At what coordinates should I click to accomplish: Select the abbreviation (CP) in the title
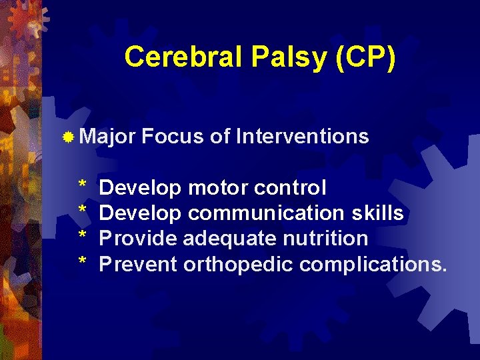point(366,57)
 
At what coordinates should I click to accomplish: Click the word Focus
point(173,137)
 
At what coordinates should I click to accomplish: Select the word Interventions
point(302,137)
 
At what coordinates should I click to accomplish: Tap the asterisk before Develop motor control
point(83,186)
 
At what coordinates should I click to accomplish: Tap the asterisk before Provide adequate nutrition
point(83,237)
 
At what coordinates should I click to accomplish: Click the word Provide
point(138,239)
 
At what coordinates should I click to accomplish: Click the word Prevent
point(138,264)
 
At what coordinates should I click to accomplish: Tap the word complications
point(373,265)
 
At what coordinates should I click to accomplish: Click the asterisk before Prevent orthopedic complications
point(83,262)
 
